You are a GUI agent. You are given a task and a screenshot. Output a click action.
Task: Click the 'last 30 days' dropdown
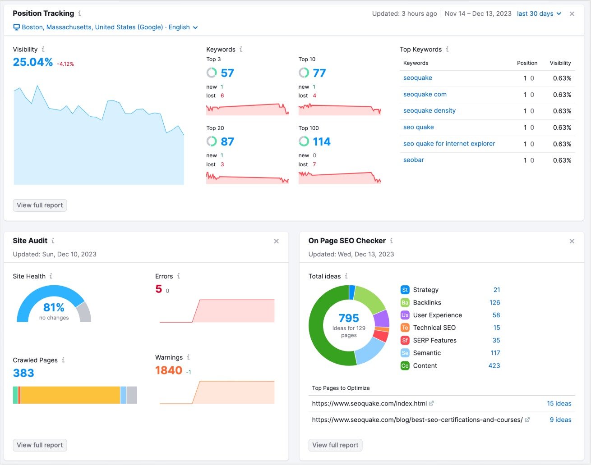pos(539,14)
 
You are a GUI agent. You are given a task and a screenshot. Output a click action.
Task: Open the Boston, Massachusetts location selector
pos(106,27)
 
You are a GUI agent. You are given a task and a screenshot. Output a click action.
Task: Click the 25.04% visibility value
pos(33,62)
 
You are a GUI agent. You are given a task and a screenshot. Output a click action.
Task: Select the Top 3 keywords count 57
pos(227,73)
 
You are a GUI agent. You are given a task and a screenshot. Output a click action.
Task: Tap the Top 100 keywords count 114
pos(321,142)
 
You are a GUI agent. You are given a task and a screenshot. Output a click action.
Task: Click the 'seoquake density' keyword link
pos(429,110)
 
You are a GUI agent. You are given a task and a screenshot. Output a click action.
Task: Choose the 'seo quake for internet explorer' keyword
pos(449,144)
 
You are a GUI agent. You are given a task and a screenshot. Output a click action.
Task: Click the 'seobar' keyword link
pos(413,160)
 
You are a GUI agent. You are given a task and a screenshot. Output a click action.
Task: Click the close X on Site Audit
pos(276,241)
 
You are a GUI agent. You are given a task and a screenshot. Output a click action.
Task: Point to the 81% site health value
pos(54,307)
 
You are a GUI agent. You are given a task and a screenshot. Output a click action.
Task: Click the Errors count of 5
pos(158,289)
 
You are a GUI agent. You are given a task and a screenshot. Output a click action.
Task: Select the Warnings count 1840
pos(169,370)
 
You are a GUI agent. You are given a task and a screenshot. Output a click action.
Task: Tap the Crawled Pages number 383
pos(23,373)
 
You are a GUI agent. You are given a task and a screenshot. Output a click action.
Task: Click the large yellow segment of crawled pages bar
pos(70,395)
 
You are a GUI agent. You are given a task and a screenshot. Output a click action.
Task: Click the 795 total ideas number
pos(349,318)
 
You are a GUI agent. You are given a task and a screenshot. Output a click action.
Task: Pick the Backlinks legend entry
pos(427,302)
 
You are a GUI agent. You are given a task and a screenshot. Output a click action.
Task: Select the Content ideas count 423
pos(494,365)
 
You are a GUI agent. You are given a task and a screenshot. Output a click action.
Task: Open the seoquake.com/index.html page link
pos(369,403)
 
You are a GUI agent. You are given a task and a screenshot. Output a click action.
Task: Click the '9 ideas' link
pos(560,419)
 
